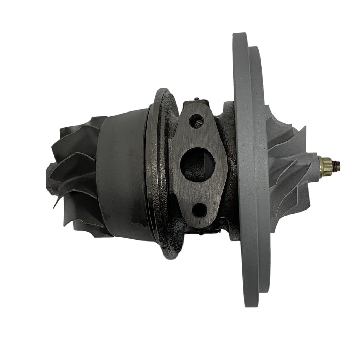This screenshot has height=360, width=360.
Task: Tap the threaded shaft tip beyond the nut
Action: click(337, 164)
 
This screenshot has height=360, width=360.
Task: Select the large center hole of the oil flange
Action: click(197, 164)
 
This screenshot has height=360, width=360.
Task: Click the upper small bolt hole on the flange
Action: click(196, 121)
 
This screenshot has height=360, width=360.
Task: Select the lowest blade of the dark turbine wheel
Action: click(88, 229)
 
